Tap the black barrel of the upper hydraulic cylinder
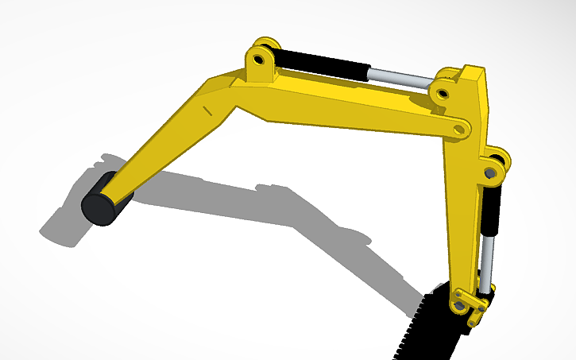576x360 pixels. pyautogui.click(x=322, y=63)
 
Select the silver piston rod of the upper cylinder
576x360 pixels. pyautogui.click(x=401, y=77)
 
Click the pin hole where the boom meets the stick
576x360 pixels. pyautogui.click(x=458, y=127)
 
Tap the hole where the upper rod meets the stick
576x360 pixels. pyautogui.click(x=442, y=93)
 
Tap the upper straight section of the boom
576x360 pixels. pyautogui.click(x=350, y=107)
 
